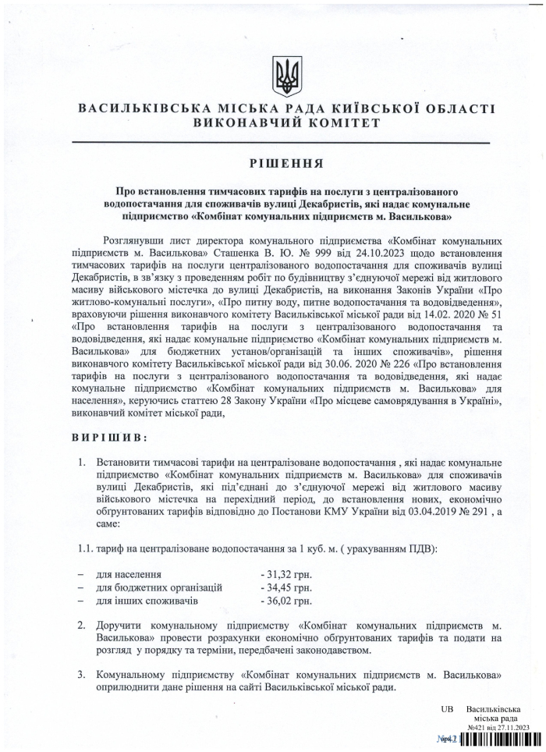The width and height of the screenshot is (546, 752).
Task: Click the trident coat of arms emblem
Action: pyautogui.click(x=285, y=76)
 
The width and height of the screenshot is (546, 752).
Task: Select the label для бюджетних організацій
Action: pyautogui.click(x=159, y=587)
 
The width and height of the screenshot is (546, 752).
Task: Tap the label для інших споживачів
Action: pyautogui.click(x=147, y=601)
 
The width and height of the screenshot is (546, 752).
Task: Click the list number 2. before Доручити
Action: pyautogui.click(x=81, y=626)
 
